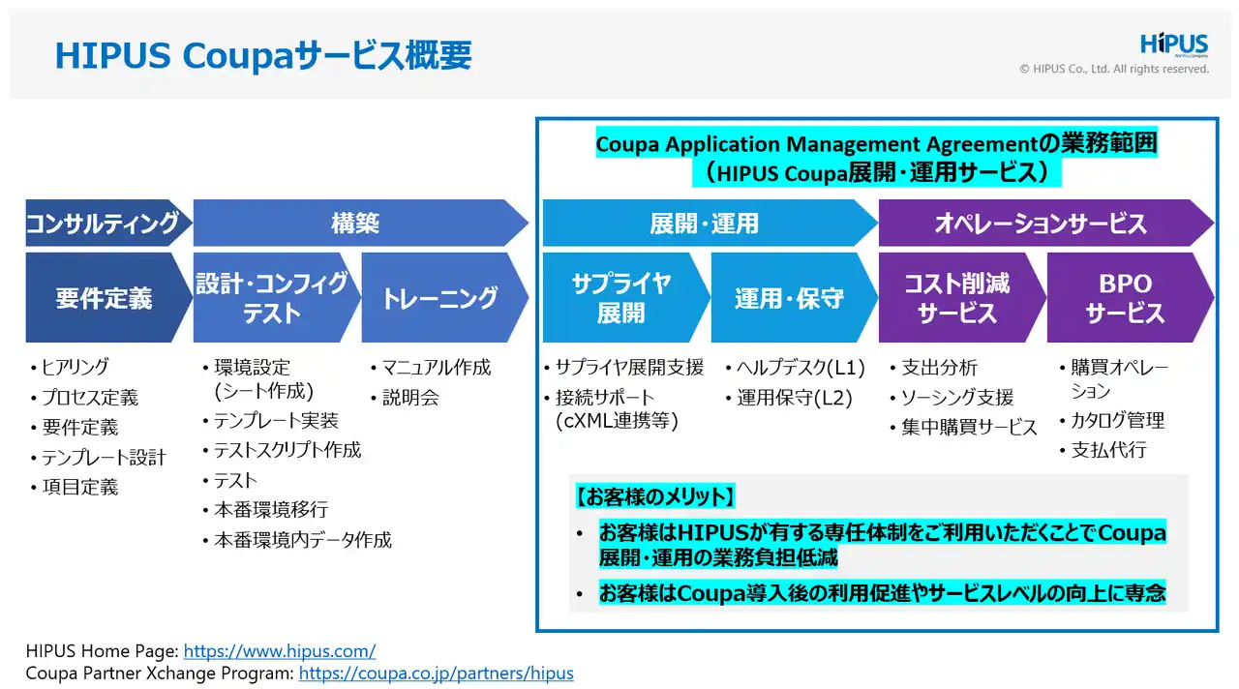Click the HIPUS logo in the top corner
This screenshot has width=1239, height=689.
pyautogui.click(x=1174, y=45)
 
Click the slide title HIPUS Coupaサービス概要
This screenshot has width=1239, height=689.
pyautogui.click(x=263, y=55)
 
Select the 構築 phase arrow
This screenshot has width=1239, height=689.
pyautogui.click(x=356, y=224)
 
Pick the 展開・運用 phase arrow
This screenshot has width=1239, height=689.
pyautogui.click(x=705, y=224)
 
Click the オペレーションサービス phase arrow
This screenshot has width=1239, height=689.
pyautogui.click(x=1041, y=224)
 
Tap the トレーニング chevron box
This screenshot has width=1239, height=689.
pyautogui.click(x=439, y=297)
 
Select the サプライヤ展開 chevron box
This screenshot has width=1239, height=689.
pyautogui.click(x=620, y=297)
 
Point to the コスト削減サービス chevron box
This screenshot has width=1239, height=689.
pyautogui.click(x=956, y=297)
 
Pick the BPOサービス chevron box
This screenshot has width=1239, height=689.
pyautogui.click(x=1125, y=297)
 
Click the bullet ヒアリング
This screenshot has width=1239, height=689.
pyautogui.click(x=75, y=368)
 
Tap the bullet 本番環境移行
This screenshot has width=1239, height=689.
pyautogui.click(x=270, y=510)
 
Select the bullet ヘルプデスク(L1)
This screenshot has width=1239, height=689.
pyautogui.click(x=801, y=368)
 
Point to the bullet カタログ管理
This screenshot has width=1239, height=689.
pyautogui.click(x=1117, y=421)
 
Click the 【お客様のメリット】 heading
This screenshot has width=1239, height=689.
pyautogui.click(x=655, y=497)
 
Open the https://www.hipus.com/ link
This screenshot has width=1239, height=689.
pyautogui.click(x=279, y=651)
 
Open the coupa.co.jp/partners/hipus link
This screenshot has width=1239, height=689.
pyautogui.click(x=436, y=673)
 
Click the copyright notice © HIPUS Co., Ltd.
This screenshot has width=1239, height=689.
pyautogui.click(x=1113, y=69)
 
